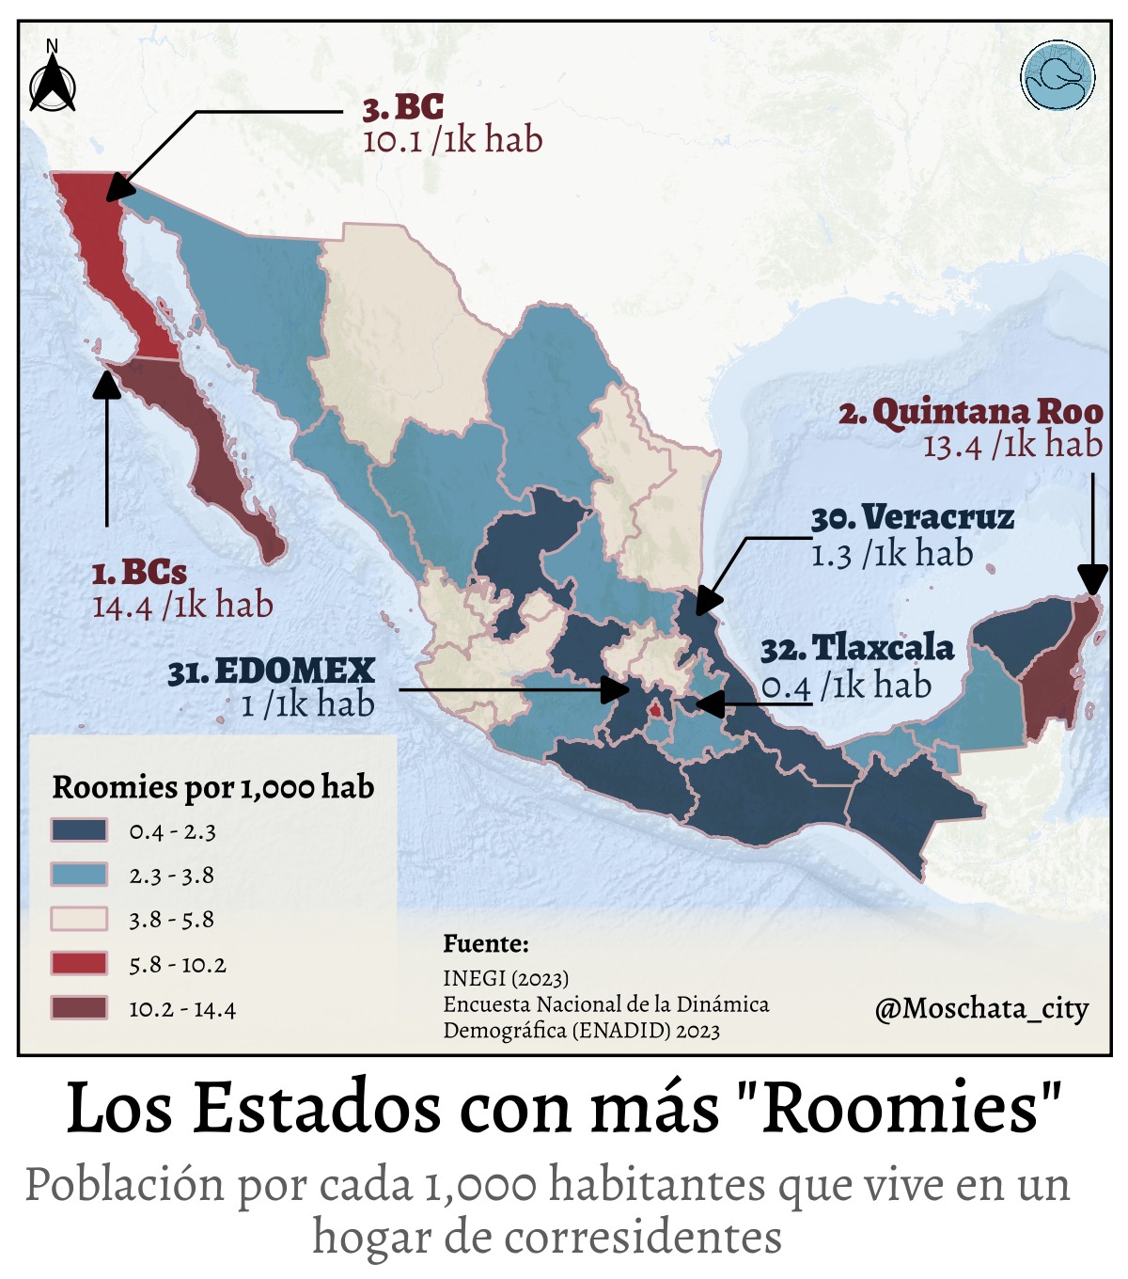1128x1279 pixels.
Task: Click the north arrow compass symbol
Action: point(53,81)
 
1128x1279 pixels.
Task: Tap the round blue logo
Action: point(1057,76)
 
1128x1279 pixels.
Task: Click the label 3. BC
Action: point(404,107)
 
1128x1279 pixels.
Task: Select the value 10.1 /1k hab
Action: point(452,141)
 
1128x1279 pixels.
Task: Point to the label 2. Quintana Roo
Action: point(971,412)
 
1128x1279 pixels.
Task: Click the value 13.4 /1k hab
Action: point(1012,445)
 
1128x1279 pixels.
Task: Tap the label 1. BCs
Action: point(139,572)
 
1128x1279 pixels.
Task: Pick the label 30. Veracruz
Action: point(913,517)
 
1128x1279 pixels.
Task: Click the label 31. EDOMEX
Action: point(272,671)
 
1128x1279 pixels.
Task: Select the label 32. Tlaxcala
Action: point(857,648)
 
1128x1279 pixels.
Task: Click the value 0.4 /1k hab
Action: point(846,687)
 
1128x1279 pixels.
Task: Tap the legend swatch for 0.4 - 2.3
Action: point(79,830)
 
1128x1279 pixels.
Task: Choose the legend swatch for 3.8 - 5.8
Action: point(79,919)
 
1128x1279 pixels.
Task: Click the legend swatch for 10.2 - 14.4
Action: point(79,1008)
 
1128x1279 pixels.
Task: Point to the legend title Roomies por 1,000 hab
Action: point(213,787)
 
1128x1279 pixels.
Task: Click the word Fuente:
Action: point(486,943)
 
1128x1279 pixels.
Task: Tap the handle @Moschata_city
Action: point(981,1009)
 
